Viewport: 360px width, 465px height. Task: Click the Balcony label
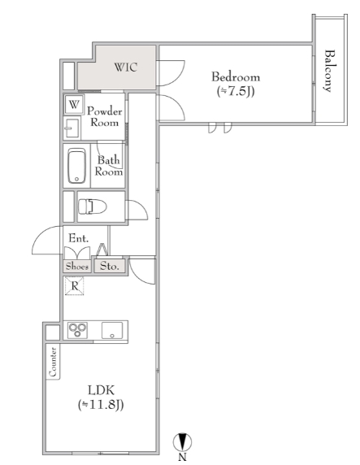click(x=329, y=72)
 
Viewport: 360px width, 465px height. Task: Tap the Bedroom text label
click(x=236, y=77)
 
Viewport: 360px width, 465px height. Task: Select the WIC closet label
click(x=126, y=67)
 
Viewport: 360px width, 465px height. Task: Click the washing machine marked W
click(x=74, y=104)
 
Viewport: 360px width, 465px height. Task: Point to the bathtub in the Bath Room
click(x=77, y=166)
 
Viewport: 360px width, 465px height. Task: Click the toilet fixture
click(x=92, y=206)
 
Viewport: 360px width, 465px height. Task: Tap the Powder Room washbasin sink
click(x=72, y=128)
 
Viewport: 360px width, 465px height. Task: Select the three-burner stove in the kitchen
click(x=77, y=330)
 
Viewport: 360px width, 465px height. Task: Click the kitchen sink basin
click(x=112, y=330)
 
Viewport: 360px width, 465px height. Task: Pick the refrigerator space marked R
click(x=75, y=286)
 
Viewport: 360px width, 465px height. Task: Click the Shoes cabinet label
click(x=77, y=267)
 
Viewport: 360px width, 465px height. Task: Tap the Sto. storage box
click(x=110, y=266)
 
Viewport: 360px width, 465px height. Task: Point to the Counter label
click(x=53, y=362)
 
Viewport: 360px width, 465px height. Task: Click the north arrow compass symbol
click(x=182, y=442)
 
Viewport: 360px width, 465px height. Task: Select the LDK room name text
click(x=101, y=390)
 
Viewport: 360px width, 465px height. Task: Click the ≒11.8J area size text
click(x=101, y=405)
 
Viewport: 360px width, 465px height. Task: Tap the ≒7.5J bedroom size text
click(x=236, y=91)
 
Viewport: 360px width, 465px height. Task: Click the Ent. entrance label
click(x=78, y=238)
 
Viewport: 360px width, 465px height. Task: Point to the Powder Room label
click(x=105, y=116)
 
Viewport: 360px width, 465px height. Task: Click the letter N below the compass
click(x=182, y=458)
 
